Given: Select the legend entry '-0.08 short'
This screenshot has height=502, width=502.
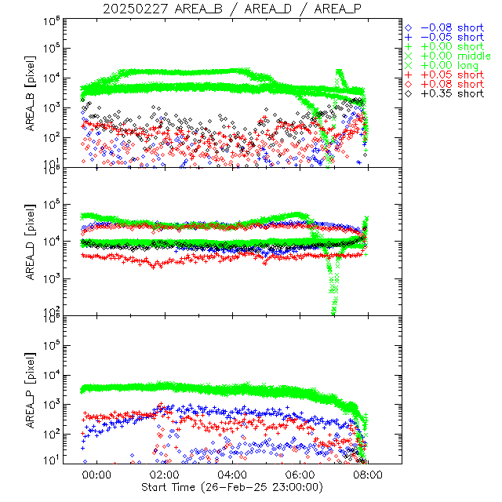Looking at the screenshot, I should pyautogui.click(x=451, y=27).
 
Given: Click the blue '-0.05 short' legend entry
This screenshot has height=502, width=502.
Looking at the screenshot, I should pyautogui.click(x=451, y=37).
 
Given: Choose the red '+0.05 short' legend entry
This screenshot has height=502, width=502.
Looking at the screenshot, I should pyautogui.click(x=451, y=75).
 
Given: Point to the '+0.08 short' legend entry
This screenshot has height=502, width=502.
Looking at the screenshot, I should pyautogui.click(x=451, y=84).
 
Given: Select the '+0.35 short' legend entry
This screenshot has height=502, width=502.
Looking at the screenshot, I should pyautogui.click(x=451, y=93).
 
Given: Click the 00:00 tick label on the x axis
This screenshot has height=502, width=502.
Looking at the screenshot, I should pyautogui.click(x=97, y=474).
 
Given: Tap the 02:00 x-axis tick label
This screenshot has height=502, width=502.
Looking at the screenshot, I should pyautogui.click(x=166, y=474).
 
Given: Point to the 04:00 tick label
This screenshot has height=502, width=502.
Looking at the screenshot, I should pyautogui.click(x=233, y=474).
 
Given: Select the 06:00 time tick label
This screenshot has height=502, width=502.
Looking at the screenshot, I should pyautogui.click(x=301, y=474).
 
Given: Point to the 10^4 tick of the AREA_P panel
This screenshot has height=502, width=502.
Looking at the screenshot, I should pyautogui.click(x=53, y=375).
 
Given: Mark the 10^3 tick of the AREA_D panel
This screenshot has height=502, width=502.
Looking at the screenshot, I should pyautogui.click(x=53, y=278).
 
